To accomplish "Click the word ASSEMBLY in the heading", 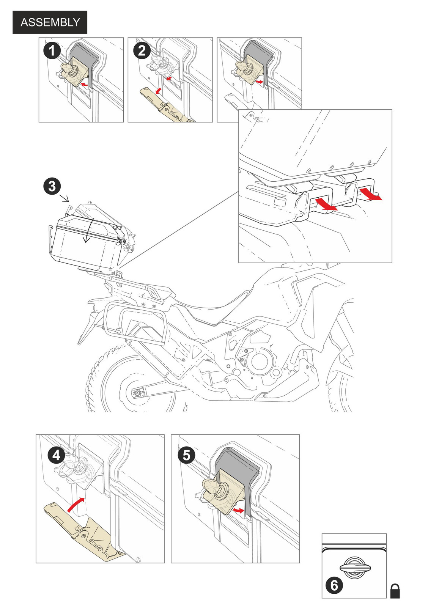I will [x=50, y=22].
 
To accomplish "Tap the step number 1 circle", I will [x=52, y=50].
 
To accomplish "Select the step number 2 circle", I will [x=142, y=50].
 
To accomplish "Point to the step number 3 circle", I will [x=52, y=186].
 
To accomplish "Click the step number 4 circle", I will [x=56, y=454].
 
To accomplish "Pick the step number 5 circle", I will [x=186, y=455].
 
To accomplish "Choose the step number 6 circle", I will [x=334, y=585].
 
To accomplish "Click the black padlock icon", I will [x=395, y=591].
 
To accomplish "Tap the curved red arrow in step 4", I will [x=76, y=505].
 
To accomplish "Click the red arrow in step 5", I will [x=239, y=511].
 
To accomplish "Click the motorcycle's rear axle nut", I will [x=135, y=393].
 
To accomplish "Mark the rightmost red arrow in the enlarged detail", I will [x=371, y=194].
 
